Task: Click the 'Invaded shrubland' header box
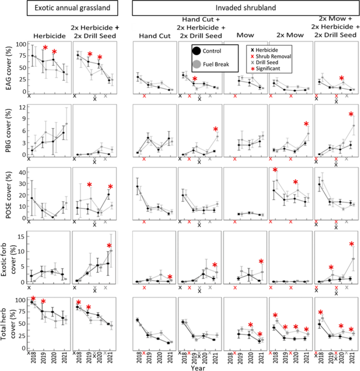(245, 8)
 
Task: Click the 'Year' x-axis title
(198, 366)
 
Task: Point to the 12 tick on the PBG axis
(23, 107)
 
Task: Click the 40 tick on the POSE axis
(23, 172)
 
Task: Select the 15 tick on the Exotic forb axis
(23, 236)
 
